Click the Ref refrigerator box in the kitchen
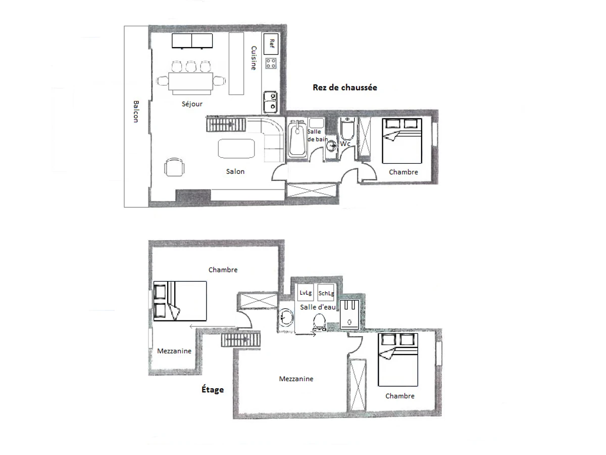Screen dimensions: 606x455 [x=270, y=43]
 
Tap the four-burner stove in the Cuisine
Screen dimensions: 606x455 [x=271, y=63]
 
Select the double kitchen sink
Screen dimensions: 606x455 [x=270, y=102]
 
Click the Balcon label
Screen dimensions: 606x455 [x=136, y=111]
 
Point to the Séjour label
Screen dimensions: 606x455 [x=192, y=104]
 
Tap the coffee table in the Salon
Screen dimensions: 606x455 [x=236, y=148]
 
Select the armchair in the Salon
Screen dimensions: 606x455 [x=174, y=167]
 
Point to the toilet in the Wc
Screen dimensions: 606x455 [x=347, y=129]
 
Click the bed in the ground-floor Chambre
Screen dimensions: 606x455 [x=401, y=141]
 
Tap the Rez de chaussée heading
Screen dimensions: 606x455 [x=344, y=87]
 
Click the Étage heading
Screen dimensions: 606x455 [x=212, y=390]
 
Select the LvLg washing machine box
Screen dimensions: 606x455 [x=306, y=292]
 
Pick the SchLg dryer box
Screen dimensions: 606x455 [x=326, y=292]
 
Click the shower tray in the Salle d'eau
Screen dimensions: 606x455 [x=349, y=314]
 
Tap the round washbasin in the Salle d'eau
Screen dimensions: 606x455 [x=286, y=317]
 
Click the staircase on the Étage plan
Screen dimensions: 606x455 [x=241, y=340]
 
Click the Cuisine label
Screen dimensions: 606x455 [x=254, y=58]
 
